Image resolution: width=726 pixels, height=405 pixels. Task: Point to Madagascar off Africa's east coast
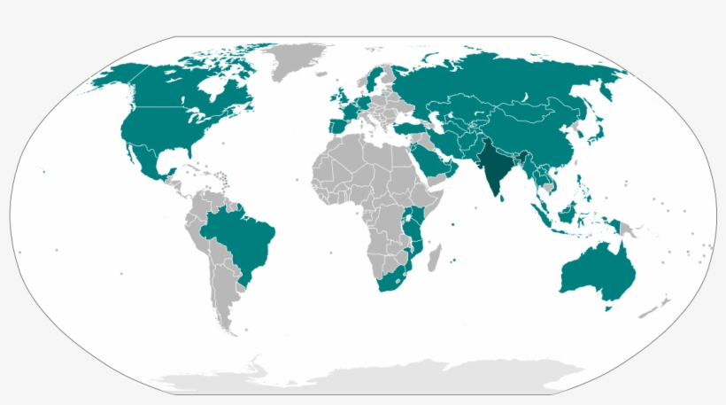click(x=434, y=259)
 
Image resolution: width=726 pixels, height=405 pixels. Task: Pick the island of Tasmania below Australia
click(x=608, y=307)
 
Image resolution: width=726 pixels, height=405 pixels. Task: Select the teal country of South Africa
click(x=390, y=282)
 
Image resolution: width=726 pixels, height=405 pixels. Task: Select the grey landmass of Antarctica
click(x=372, y=377)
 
